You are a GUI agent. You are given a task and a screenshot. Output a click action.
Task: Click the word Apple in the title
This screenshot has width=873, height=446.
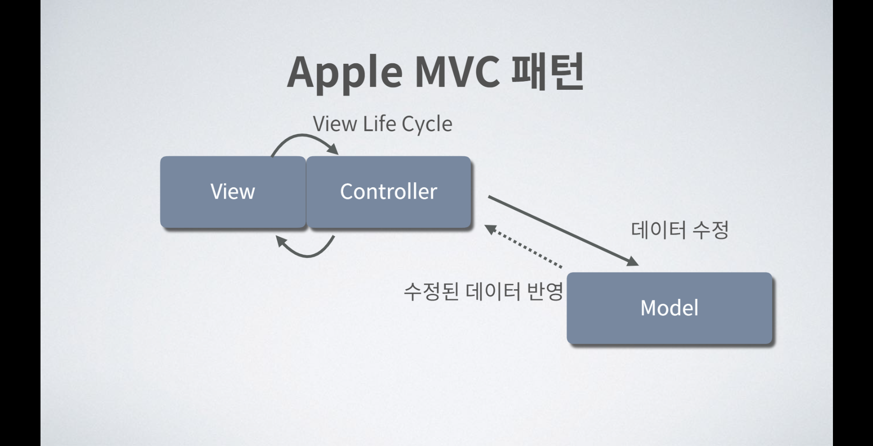[x=345, y=73]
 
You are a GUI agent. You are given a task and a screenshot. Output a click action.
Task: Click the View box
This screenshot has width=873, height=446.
[x=233, y=192]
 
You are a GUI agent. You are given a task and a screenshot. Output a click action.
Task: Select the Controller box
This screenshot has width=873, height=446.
[x=389, y=192]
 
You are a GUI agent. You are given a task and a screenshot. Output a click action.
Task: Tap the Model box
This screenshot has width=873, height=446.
[x=669, y=308]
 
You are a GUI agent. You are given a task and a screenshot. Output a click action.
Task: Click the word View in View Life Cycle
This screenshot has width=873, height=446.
[x=335, y=124]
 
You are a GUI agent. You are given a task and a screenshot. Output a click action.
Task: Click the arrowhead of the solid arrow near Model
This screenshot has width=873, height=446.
[x=633, y=261]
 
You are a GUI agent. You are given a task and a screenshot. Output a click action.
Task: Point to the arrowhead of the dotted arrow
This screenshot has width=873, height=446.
[x=490, y=229]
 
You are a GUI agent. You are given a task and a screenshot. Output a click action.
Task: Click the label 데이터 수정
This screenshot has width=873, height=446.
[x=680, y=230]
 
